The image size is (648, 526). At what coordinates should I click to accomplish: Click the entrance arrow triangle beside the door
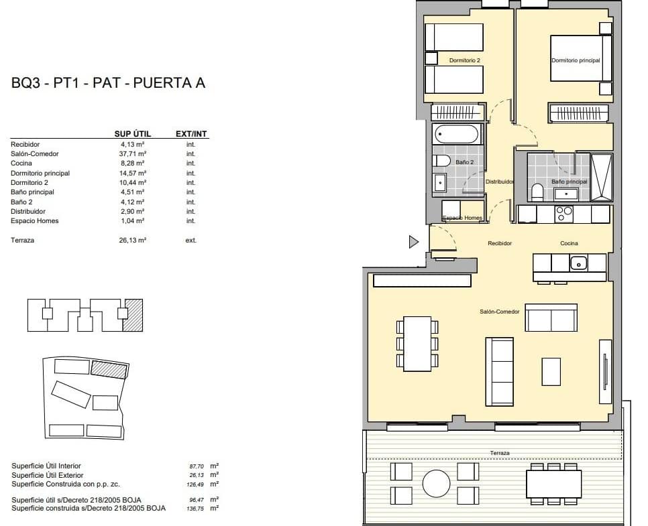click(x=413, y=241)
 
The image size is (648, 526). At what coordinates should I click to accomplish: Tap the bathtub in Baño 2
click(x=457, y=134)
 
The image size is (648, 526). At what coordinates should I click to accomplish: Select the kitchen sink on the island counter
click(x=578, y=263)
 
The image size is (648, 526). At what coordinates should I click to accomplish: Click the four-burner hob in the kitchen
click(x=565, y=214)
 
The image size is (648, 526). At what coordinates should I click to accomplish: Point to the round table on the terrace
click(x=437, y=484)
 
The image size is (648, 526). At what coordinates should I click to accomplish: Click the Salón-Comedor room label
click(x=499, y=312)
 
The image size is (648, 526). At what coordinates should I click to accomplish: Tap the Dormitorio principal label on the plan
click(x=576, y=60)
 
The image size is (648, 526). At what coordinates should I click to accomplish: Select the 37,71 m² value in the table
click(x=132, y=153)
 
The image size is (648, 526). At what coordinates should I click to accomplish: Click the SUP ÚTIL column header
click(x=133, y=134)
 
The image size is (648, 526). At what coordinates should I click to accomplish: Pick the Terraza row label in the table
click(x=22, y=241)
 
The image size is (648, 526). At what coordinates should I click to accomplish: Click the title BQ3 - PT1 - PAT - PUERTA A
click(x=108, y=83)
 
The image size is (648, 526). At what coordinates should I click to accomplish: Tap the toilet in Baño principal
click(x=537, y=193)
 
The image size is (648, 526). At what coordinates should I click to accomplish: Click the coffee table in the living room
click(x=551, y=372)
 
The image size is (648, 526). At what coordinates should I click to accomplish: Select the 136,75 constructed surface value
click(x=195, y=509)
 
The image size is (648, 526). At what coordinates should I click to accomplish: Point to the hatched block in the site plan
click(x=109, y=369)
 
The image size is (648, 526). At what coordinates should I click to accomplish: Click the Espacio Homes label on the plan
click(x=462, y=218)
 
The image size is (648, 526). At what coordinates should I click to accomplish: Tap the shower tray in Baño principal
click(x=601, y=178)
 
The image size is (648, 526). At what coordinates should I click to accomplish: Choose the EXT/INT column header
click(x=191, y=134)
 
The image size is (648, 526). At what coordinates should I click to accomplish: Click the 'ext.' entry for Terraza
click(x=191, y=241)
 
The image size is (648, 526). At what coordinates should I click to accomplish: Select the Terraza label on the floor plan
click(x=500, y=453)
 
